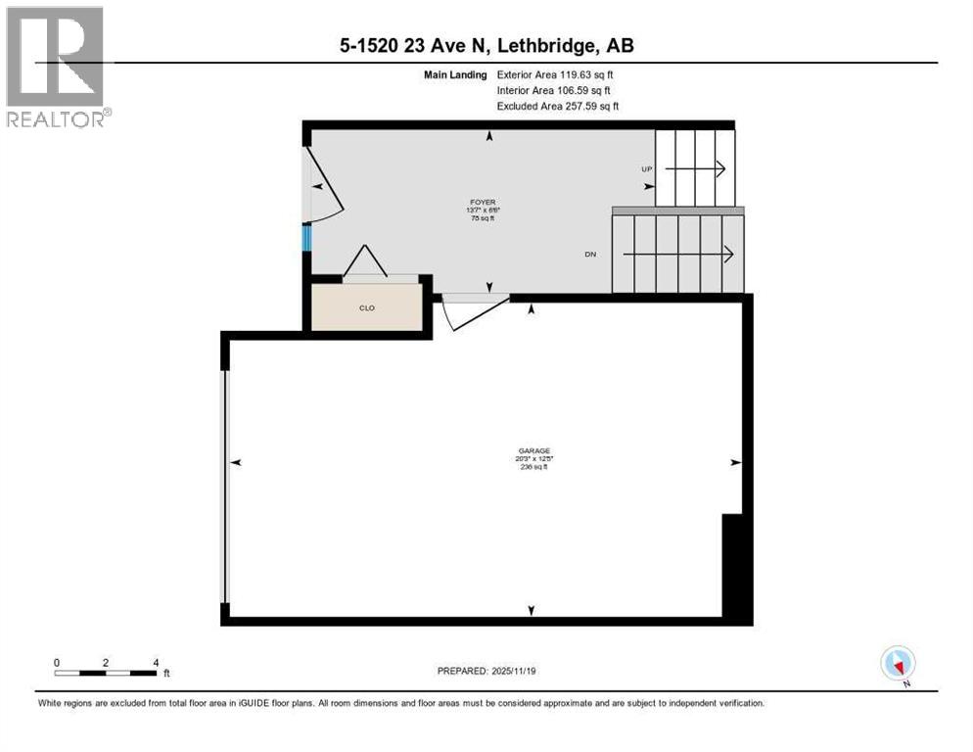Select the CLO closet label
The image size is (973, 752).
[367, 307]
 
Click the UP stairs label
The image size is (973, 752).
[646, 169]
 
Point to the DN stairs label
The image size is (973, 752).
[590, 255]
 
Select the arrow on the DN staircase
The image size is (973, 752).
[679, 255]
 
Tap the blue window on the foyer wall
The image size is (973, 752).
[306, 238]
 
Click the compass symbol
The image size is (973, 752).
[897, 663]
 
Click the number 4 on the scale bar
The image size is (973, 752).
[156, 662]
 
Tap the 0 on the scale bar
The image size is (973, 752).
[57, 662]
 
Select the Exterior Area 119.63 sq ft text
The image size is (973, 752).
[555, 74]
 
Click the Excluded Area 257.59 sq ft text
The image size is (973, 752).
[558, 106]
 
